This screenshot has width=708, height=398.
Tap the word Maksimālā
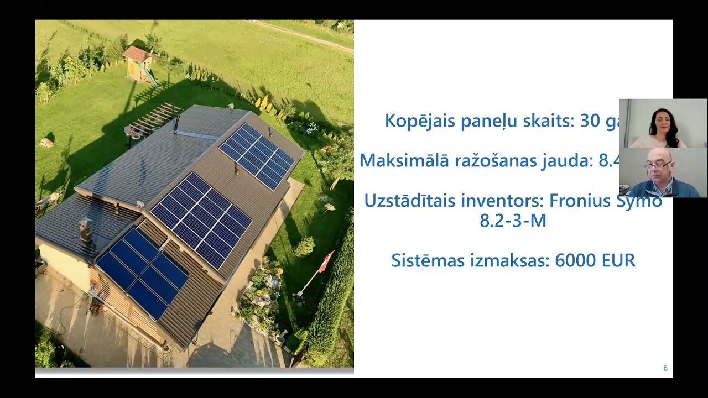point(404,160)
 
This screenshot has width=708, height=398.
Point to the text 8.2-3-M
point(513,221)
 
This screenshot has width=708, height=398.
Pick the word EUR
point(618,260)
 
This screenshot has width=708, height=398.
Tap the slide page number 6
point(665,368)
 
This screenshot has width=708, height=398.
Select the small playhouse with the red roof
point(138,64)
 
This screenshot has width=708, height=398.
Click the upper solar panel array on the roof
point(257,156)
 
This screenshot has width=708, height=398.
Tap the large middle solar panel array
point(201,219)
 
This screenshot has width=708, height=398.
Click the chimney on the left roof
point(86,229)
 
